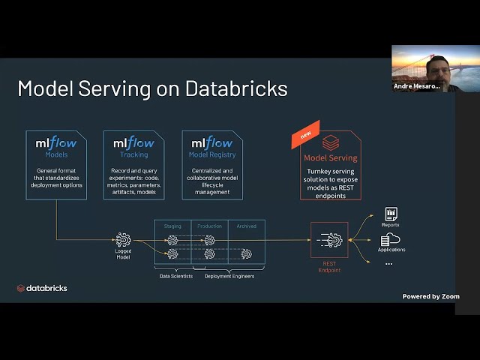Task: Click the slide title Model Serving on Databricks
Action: (152, 88)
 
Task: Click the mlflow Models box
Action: (56, 165)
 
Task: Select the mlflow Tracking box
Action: (133, 165)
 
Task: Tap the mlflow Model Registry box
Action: (211, 165)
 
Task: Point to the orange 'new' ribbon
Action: (305, 135)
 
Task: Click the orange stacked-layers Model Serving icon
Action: (331, 142)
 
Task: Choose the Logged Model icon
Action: (123, 240)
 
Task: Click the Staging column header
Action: (172, 226)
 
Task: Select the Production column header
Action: (210, 226)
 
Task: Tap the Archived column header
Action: (247, 226)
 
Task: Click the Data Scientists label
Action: (176, 276)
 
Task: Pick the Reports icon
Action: (391, 214)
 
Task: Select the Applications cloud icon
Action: (391, 240)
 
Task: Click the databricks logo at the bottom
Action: (42, 288)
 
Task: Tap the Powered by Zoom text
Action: (430, 296)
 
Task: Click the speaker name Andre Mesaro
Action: (417, 86)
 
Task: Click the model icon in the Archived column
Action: (247, 253)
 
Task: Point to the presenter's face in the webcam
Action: (436, 70)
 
